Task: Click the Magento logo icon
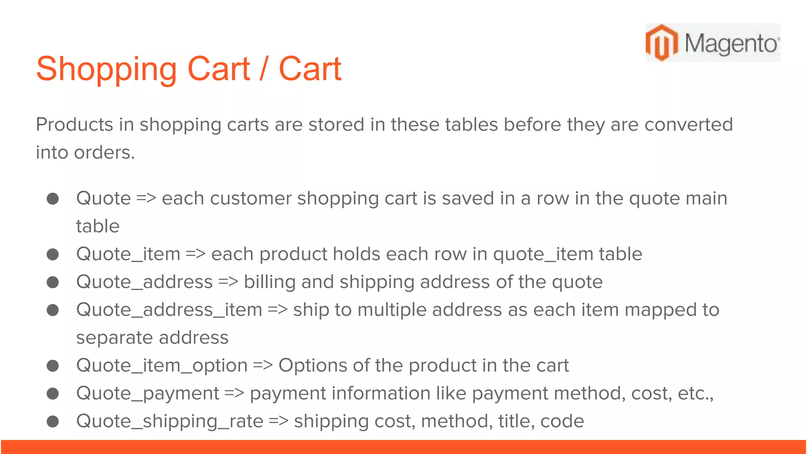[x=662, y=43]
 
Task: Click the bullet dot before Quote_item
[x=53, y=254]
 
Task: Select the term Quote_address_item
[x=169, y=310]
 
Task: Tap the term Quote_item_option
[x=162, y=366]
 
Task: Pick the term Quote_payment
[x=148, y=393]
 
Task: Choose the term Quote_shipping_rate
[x=170, y=421]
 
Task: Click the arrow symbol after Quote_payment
[x=234, y=393]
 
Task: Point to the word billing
[x=270, y=282]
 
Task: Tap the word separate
[x=115, y=338]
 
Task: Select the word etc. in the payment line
[x=695, y=393]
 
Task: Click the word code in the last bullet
[x=562, y=421]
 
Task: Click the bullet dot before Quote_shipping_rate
[x=53, y=422]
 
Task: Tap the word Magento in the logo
[x=731, y=43]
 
